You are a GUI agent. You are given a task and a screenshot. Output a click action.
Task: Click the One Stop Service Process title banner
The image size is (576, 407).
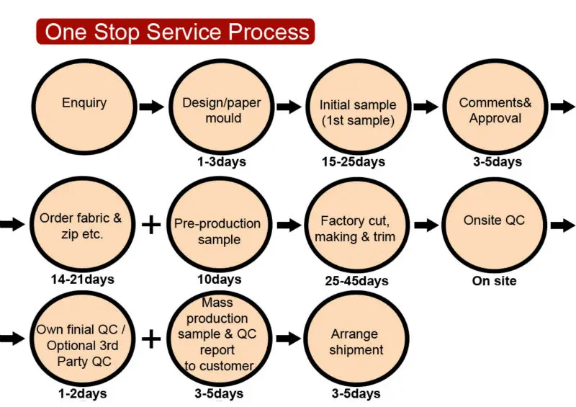[x=176, y=32]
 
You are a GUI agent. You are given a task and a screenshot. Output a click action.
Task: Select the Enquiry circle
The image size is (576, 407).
[x=84, y=107]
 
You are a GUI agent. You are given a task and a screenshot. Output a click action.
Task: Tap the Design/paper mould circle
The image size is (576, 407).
[x=222, y=107]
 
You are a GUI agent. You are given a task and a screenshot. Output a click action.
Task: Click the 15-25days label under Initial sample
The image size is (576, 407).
[x=354, y=162]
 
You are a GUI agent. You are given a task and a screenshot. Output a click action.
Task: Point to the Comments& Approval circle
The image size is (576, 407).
[x=495, y=107]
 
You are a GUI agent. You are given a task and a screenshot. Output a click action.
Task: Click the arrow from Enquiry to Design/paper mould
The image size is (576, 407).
[x=151, y=107]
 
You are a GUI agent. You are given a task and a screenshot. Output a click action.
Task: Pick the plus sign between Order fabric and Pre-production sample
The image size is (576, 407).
[x=151, y=225]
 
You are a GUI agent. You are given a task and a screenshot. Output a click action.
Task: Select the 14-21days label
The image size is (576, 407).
[x=83, y=279]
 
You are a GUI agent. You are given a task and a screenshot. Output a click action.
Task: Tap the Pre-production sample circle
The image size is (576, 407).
[x=220, y=225]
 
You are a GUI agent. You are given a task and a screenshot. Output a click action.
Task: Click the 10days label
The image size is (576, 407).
[x=220, y=279]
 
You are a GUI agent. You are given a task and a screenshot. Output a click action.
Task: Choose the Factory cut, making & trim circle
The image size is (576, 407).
[x=356, y=225]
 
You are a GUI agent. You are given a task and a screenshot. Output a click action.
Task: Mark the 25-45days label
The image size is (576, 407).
[x=356, y=281]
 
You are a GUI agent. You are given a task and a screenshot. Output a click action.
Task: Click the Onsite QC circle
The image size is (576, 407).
[x=494, y=225]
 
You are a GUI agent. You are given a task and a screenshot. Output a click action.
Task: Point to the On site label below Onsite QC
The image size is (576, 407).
[x=495, y=281]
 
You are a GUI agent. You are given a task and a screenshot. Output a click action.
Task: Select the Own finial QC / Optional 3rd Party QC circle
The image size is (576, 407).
[x=82, y=339]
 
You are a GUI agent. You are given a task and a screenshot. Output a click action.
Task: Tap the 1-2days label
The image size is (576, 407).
[x=83, y=394]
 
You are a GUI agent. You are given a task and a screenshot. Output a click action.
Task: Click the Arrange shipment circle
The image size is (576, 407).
[x=356, y=339]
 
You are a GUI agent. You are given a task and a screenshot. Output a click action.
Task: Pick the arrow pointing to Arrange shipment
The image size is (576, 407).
[x=289, y=339]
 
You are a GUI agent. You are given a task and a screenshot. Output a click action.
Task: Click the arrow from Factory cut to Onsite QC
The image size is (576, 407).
[x=426, y=225]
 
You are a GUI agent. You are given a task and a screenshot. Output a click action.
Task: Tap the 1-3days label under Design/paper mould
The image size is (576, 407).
[x=222, y=162]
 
